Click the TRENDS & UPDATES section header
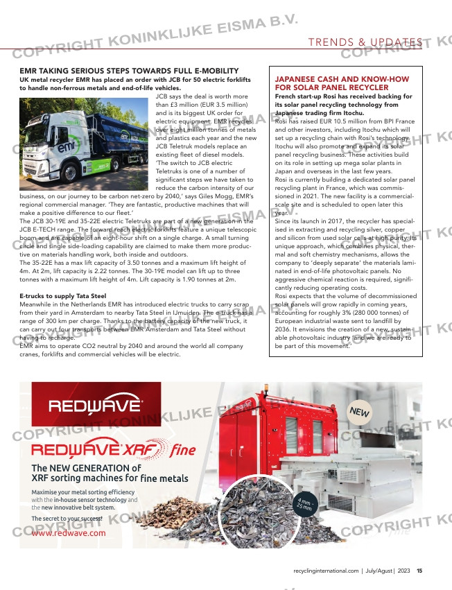click(365, 42)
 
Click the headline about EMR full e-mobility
click(129, 71)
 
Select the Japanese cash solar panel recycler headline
click(342, 84)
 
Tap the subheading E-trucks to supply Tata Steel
click(62, 296)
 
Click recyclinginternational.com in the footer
click(327, 571)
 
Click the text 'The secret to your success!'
click(67, 519)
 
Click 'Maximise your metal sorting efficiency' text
click(84, 492)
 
